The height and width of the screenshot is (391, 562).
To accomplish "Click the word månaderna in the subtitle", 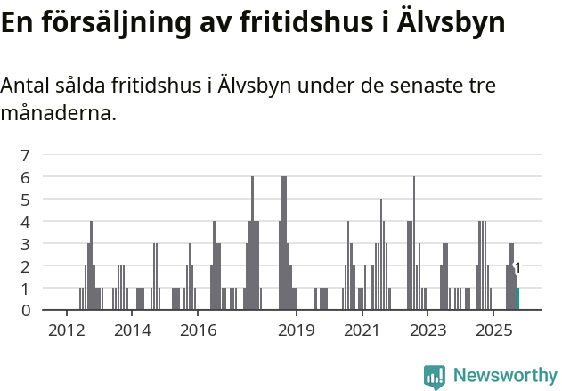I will tap(58, 113).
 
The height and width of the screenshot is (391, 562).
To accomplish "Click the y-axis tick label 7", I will tap(26, 155).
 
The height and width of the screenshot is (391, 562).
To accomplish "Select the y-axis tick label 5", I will tap(26, 200).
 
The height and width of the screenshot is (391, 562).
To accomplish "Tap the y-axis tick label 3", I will tap(26, 243).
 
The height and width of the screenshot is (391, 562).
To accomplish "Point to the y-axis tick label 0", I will tap(26, 310).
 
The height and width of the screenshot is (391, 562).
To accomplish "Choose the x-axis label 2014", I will tap(132, 330).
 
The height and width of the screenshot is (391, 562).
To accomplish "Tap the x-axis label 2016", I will tap(198, 330).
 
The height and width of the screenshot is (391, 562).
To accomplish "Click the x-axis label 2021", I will tap(362, 330).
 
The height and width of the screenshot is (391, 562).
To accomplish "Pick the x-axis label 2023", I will tap(428, 330).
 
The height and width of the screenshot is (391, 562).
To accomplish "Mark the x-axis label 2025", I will tap(493, 330).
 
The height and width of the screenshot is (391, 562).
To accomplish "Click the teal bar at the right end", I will tap(517, 298).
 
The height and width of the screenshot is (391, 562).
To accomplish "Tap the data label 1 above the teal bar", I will tap(517, 268).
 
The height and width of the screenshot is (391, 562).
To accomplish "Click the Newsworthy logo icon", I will tap(435, 377).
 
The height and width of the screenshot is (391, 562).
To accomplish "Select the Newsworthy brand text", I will tap(504, 376).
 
